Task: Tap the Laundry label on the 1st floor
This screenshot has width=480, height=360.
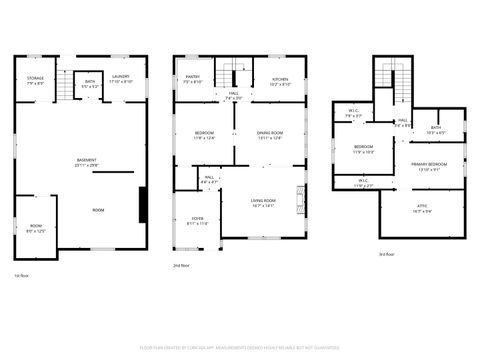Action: click(x=121, y=79)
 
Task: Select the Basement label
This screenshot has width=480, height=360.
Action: click(x=87, y=163)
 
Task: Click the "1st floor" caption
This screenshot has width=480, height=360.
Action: click(x=22, y=275)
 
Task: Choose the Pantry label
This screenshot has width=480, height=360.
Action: click(x=193, y=79)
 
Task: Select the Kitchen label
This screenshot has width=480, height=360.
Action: click(x=281, y=81)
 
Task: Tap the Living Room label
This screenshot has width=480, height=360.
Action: click(x=264, y=203)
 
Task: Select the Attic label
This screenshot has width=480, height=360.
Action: click(x=422, y=208)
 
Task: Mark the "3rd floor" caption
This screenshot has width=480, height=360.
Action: click(x=386, y=255)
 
